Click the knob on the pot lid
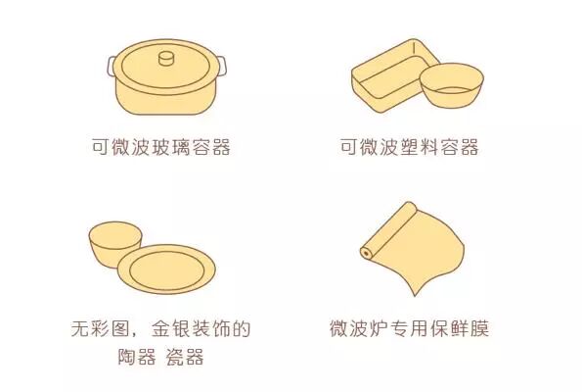pyautogui.click(x=166, y=59)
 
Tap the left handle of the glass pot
pyautogui.click(x=111, y=67)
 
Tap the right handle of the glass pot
pyautogui.click(x=221, y=67)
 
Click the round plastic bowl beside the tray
pyautogui.click(x=452, y=85)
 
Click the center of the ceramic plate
pyautogui.click(x=166, y=269)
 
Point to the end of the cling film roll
pyautogui.click(x=367, y=253)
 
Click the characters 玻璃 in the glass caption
pyautogui.click(x=171, y=147)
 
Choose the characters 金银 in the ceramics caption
pyautogui.click(x=171, y=328)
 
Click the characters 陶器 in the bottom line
pyautogui.click(x=137, y=357)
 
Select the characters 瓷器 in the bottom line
pyautogui.click(x=185, y=357)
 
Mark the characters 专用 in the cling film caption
pyautogui.click(x=409, y=327)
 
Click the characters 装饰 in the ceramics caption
pyautogui.click(x=211, y=328)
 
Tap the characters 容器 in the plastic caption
pyautogui.click(x=460, y=147)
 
